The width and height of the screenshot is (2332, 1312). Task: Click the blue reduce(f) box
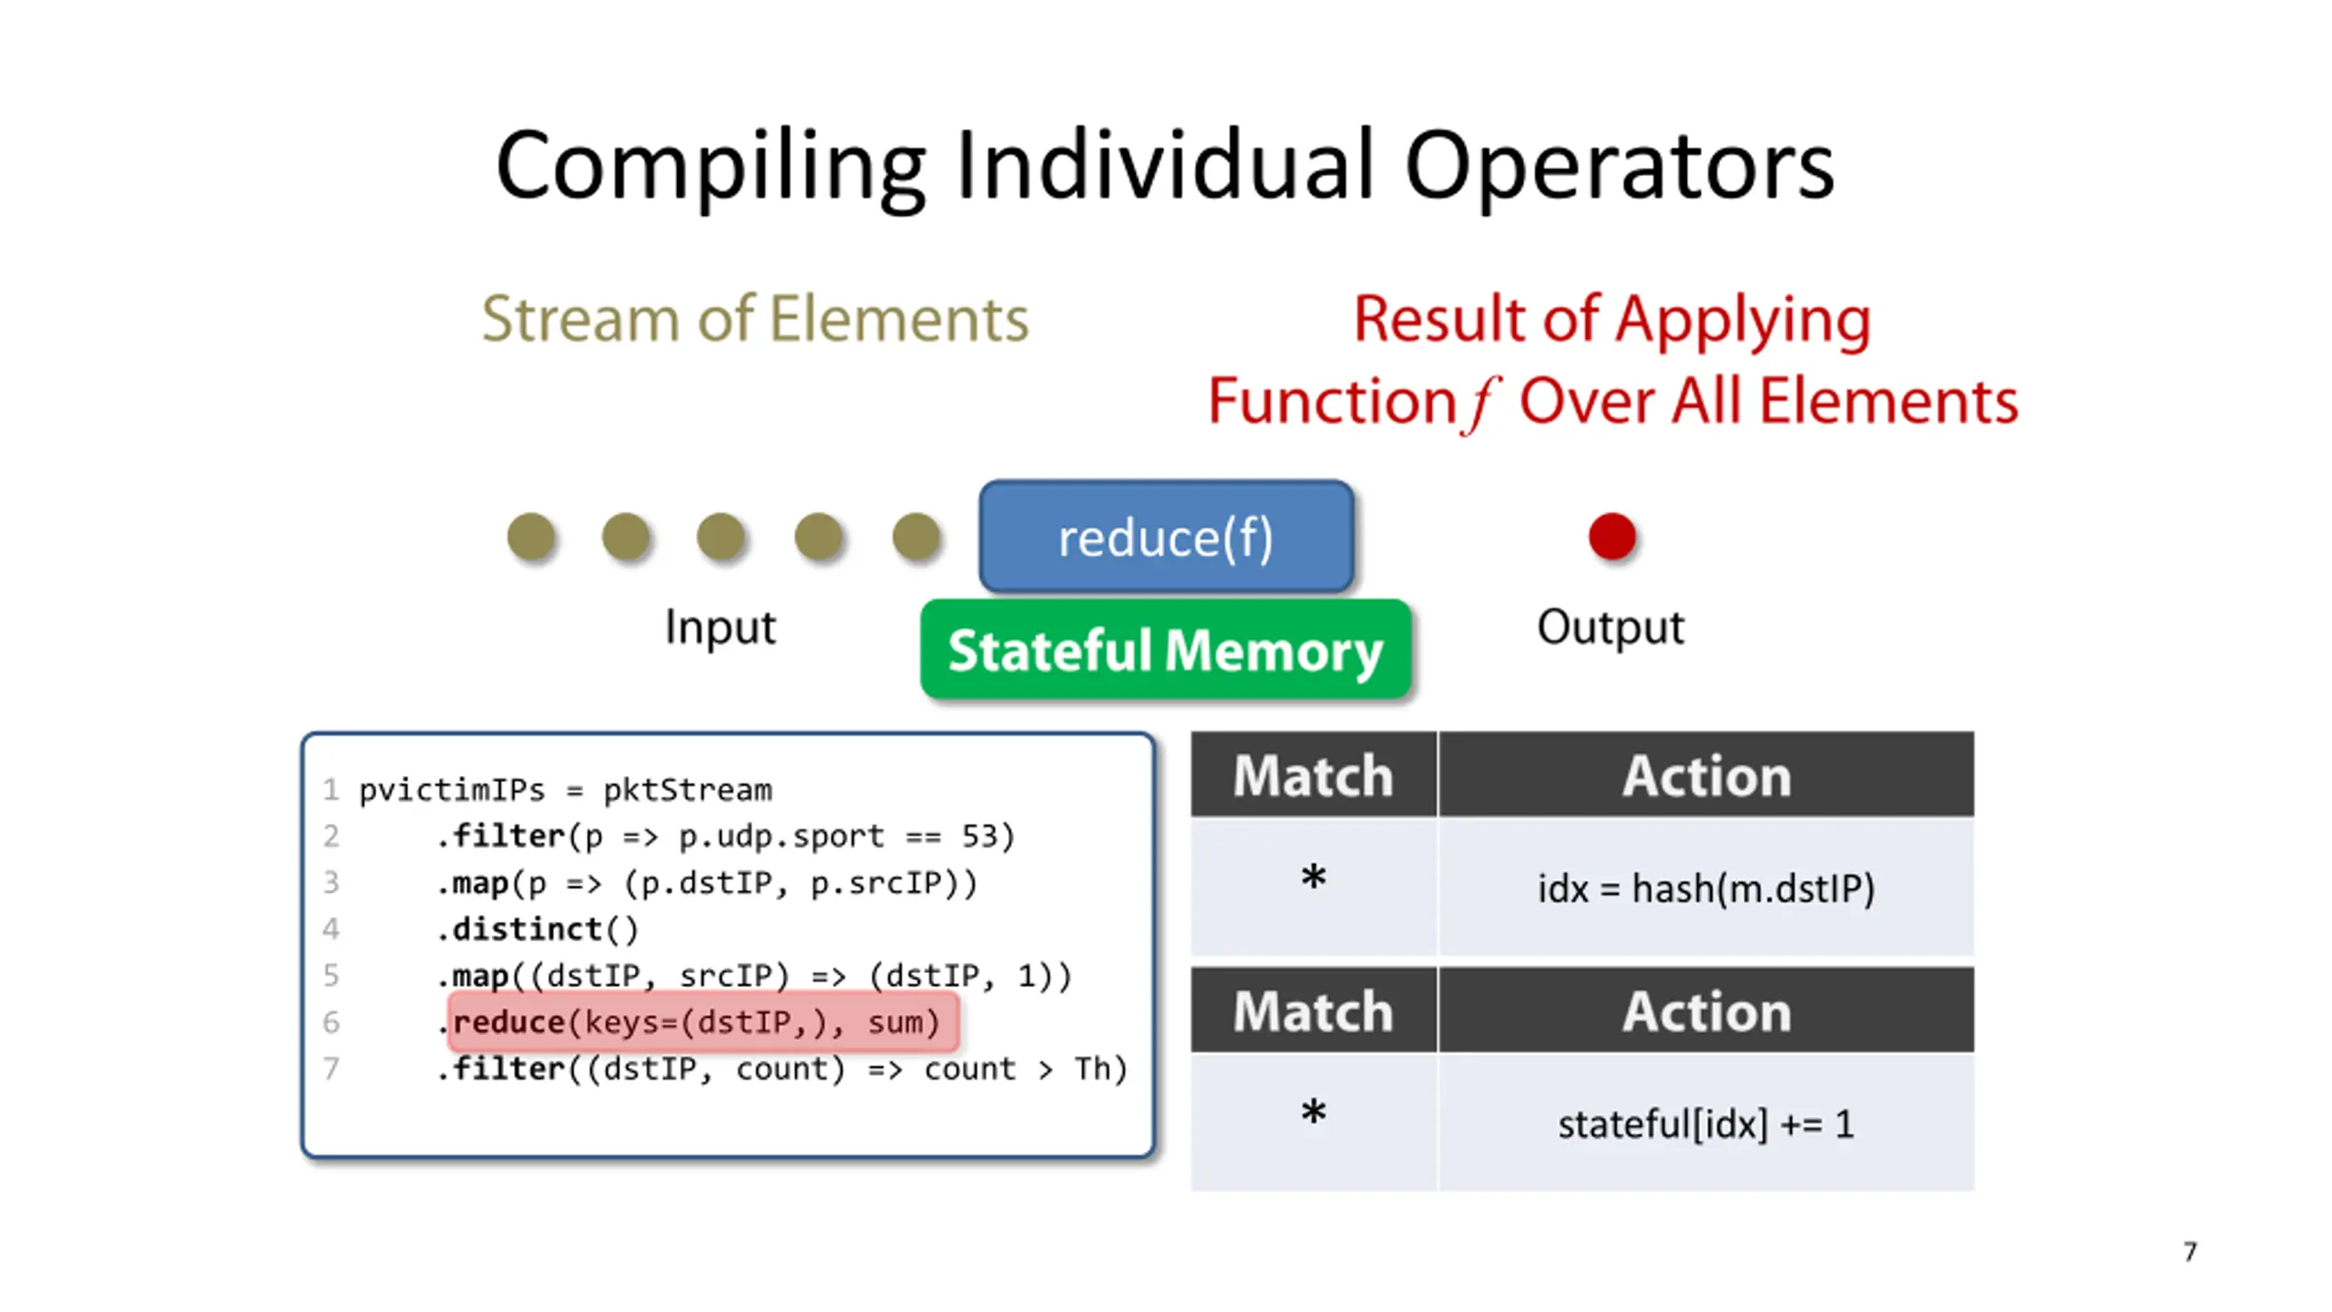(x=1165, y=537)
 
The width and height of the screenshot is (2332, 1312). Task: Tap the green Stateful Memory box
(x=1165, y=650)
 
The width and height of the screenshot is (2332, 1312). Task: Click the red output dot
(x=1611, y=536)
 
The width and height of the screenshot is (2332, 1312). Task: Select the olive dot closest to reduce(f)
(x=915, y=536)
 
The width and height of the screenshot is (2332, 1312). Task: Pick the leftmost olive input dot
(x=531, y=536)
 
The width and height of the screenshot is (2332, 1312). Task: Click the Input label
(x=720, y=627)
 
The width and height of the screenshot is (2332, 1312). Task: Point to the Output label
(x=1611, y=627)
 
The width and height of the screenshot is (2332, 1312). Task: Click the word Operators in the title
(x=1619, y=166)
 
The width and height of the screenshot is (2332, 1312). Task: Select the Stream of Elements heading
(x=755, y=319)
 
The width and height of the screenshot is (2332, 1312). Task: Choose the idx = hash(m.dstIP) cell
(x=1706, y=888)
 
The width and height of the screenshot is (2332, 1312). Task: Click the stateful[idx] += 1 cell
(x=1706, y=1123)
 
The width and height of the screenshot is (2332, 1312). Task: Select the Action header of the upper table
(x=1706, y=774)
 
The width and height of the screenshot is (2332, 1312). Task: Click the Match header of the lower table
(x=1313, y=1010)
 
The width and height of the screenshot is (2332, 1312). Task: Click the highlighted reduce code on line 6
(x=702, y=1022)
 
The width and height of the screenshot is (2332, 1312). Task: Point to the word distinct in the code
(x=527, y=929)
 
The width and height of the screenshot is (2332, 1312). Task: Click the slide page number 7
(x=2190, y=1252)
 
